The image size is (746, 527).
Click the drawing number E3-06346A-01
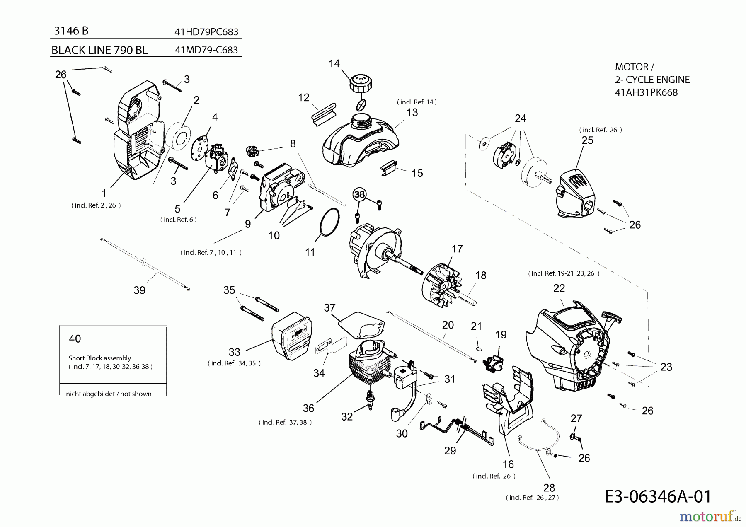click(x=658, y=496)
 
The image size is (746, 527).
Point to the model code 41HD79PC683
click(x=206, y=32)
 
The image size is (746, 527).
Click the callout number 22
click(x=559, y=288)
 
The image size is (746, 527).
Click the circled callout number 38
click(x=359, y=194)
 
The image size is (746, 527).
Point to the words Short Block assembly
click(x=99, y=358)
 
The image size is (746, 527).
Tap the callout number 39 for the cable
click(x=139, y=290)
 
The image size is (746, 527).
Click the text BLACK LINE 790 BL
click(x=99, y=50)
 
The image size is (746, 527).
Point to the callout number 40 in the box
click(x=75, y=339)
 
